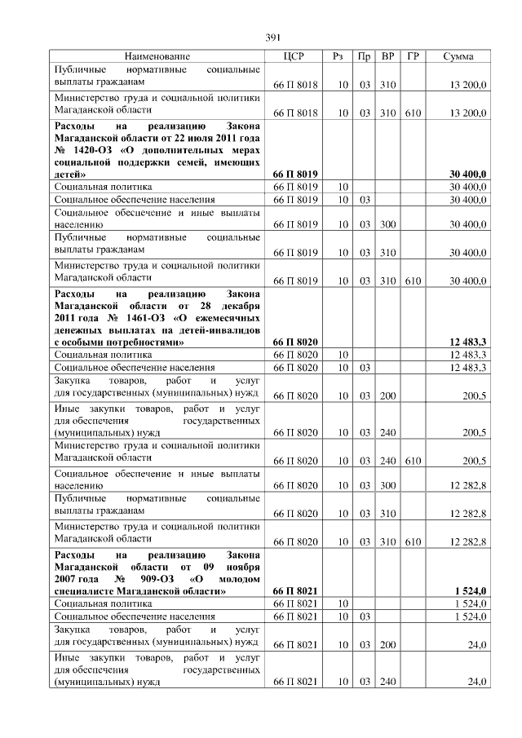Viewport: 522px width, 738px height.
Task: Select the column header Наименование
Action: pos(157,56)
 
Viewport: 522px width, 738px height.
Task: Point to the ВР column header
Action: pos(388,56)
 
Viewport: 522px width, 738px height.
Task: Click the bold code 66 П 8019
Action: pos(295,175)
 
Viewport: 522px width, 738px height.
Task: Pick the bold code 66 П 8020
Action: pos(295,343)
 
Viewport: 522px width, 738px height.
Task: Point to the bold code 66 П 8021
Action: pos(295,591)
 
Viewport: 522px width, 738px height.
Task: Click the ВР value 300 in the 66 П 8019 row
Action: pos(388,223)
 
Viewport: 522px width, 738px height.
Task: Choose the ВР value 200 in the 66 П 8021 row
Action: pos(388,645)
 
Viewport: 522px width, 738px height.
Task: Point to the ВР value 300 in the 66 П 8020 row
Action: pos(388,485)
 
